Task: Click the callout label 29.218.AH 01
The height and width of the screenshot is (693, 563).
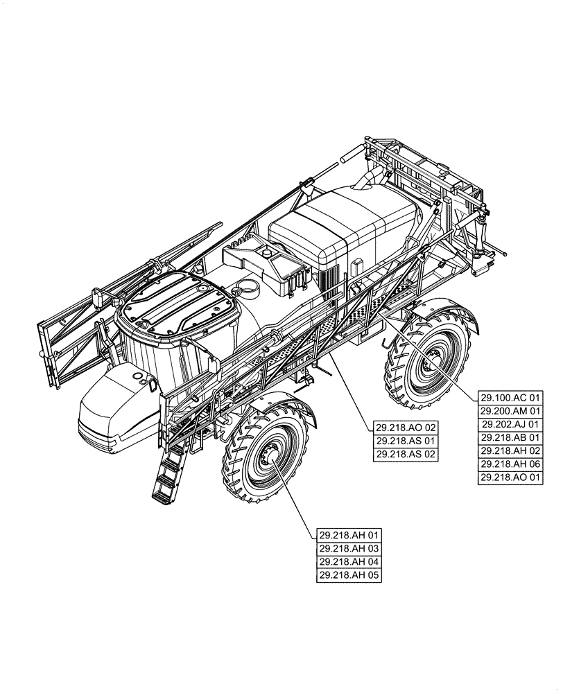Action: (x=350, y=535)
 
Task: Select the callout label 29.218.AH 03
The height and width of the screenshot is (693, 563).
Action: (x=350, y=549)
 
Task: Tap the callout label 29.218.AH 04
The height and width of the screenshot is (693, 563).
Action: (x=350, y=562)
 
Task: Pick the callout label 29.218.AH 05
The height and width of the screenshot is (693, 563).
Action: (x=350, y=575)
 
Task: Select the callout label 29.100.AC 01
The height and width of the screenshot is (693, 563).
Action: (x=511, y=398)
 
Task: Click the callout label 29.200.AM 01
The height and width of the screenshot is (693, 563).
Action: (x=511, y=411)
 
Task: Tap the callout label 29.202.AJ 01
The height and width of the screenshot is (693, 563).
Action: (x=511, y=424)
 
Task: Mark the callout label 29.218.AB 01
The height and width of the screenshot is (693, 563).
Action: (x=511, y=437)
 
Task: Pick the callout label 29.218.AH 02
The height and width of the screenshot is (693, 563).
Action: (x=511, y=450)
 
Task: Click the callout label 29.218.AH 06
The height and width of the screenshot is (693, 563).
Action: (x=511, y=464)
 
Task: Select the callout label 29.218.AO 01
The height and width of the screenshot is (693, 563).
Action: (x=511, y=477)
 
